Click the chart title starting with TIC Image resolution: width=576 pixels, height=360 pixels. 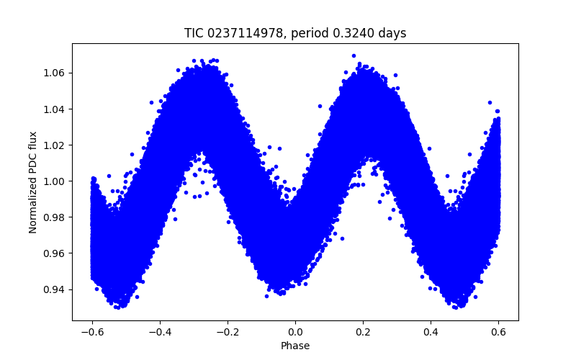pyautogui.click(x=295, y=33)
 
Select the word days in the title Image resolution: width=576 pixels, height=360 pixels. pyautogui.click(x=392, y=33)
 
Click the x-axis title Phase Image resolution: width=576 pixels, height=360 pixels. pyautogui.click(x=295, y=346)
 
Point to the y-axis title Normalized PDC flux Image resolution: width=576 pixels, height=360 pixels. pyautogui.click(x=33, y=181)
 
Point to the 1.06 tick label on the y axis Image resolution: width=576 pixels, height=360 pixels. pyautogui.click(x=55, y=73)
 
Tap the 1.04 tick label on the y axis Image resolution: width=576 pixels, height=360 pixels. pyautogui.click(x=55, y=109)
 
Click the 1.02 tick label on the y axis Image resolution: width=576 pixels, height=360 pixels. pyautogui.click(x=55, y=145)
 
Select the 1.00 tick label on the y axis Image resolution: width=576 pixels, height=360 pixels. pyautogui.click(x=55, y=181)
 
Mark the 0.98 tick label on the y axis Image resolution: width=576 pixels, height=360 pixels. pyautogui.click(x=55, y=217)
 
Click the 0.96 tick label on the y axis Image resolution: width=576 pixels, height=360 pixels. pyautogui.click(x=55, y=253)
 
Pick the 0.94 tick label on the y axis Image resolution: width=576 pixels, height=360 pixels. pyautogui.click(x=55, y=289)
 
